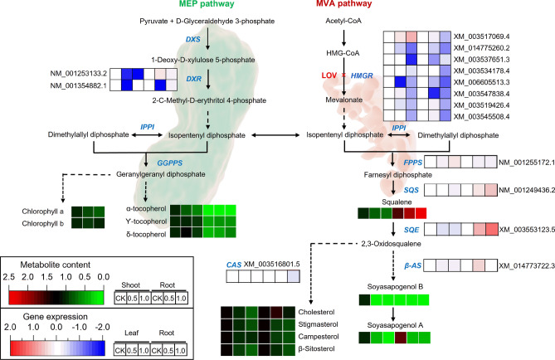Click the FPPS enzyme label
(x=412, y=162)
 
